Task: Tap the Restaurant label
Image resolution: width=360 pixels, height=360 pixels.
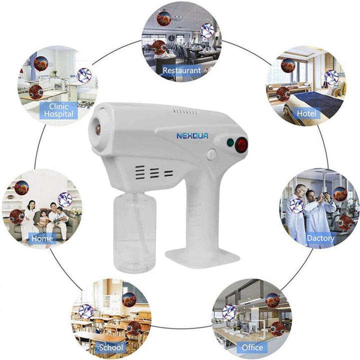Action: click(x=181, y=71)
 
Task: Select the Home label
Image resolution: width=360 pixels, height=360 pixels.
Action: click(x=42, y=238)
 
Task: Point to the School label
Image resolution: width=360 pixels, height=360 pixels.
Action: click(x=111, y=347)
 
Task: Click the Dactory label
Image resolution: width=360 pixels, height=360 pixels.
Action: click(x=320, y=238)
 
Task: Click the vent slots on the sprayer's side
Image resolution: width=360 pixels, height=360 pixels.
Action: click(x=155, y=172)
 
